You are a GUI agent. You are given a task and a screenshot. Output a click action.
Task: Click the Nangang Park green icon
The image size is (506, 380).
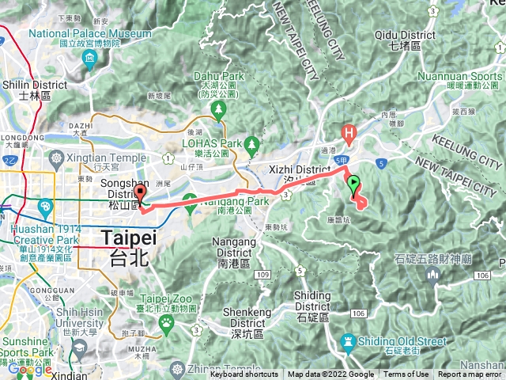190,200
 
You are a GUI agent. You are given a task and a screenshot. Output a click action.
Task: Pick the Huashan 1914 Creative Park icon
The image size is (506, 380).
45,207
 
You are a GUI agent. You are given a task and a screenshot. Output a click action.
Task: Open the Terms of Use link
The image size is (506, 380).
406,374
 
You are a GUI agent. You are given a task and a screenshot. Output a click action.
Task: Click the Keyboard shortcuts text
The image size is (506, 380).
244,374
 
